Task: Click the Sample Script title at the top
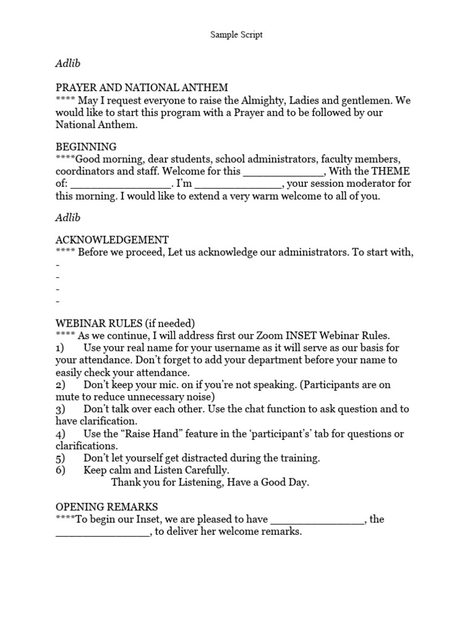point(236,35)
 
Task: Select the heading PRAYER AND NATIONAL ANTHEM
point(142,88)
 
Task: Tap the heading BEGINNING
point(86,147)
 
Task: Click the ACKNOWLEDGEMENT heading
point(112,240)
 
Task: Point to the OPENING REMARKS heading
point(107,507)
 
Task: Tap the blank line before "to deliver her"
point(102,532)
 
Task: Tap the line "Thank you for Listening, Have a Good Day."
point(210,482)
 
